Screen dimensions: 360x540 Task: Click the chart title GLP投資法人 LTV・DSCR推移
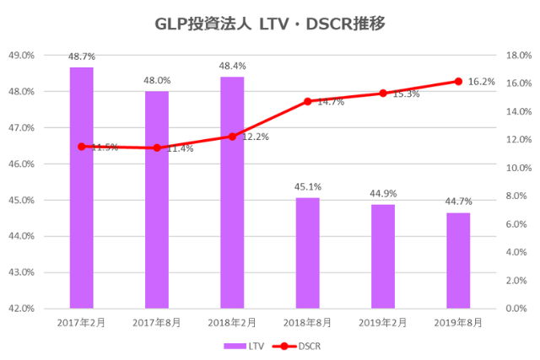pos(270,24)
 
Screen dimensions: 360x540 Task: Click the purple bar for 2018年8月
pos(307,253)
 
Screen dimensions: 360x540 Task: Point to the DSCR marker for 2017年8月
pos(157,148)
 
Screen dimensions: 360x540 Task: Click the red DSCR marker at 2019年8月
pos(458,81)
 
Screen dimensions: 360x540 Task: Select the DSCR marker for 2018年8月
pos(307,102)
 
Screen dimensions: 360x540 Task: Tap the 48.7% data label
pos(81,56)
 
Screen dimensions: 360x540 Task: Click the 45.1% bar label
pos(307,187)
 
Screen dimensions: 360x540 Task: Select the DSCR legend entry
pos(299,346)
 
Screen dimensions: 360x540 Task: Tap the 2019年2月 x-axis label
pos(382,323)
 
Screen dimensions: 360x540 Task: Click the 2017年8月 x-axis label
pos(157,323)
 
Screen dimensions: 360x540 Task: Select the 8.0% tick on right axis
pos(515,196)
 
